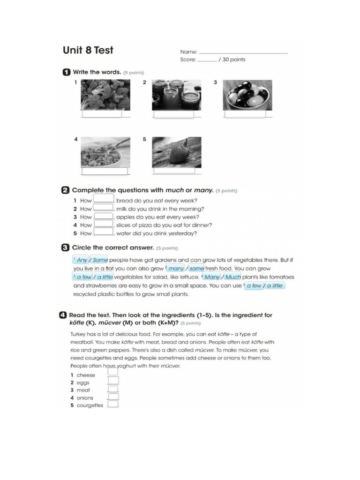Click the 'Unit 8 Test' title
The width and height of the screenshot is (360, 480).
88,50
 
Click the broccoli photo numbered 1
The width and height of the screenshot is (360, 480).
105,94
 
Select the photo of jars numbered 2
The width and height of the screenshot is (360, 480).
176,94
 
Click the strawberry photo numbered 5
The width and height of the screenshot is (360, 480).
176,152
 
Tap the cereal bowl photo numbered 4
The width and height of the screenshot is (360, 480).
105,152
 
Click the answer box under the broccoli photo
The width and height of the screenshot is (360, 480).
102,114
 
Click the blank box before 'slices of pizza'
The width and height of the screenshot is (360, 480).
104,225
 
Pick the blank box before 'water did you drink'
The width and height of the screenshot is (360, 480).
104,232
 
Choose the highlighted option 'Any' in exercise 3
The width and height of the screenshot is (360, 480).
82,260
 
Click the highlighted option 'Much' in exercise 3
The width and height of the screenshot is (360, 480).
233,277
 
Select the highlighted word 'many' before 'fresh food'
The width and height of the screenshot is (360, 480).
176,269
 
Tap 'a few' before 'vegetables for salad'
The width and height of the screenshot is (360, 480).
84,277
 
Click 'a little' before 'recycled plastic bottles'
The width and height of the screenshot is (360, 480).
275,285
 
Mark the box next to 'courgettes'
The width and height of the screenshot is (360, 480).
113,405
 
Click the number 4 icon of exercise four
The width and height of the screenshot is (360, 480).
63,315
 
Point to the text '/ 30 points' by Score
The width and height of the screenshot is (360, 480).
232,60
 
